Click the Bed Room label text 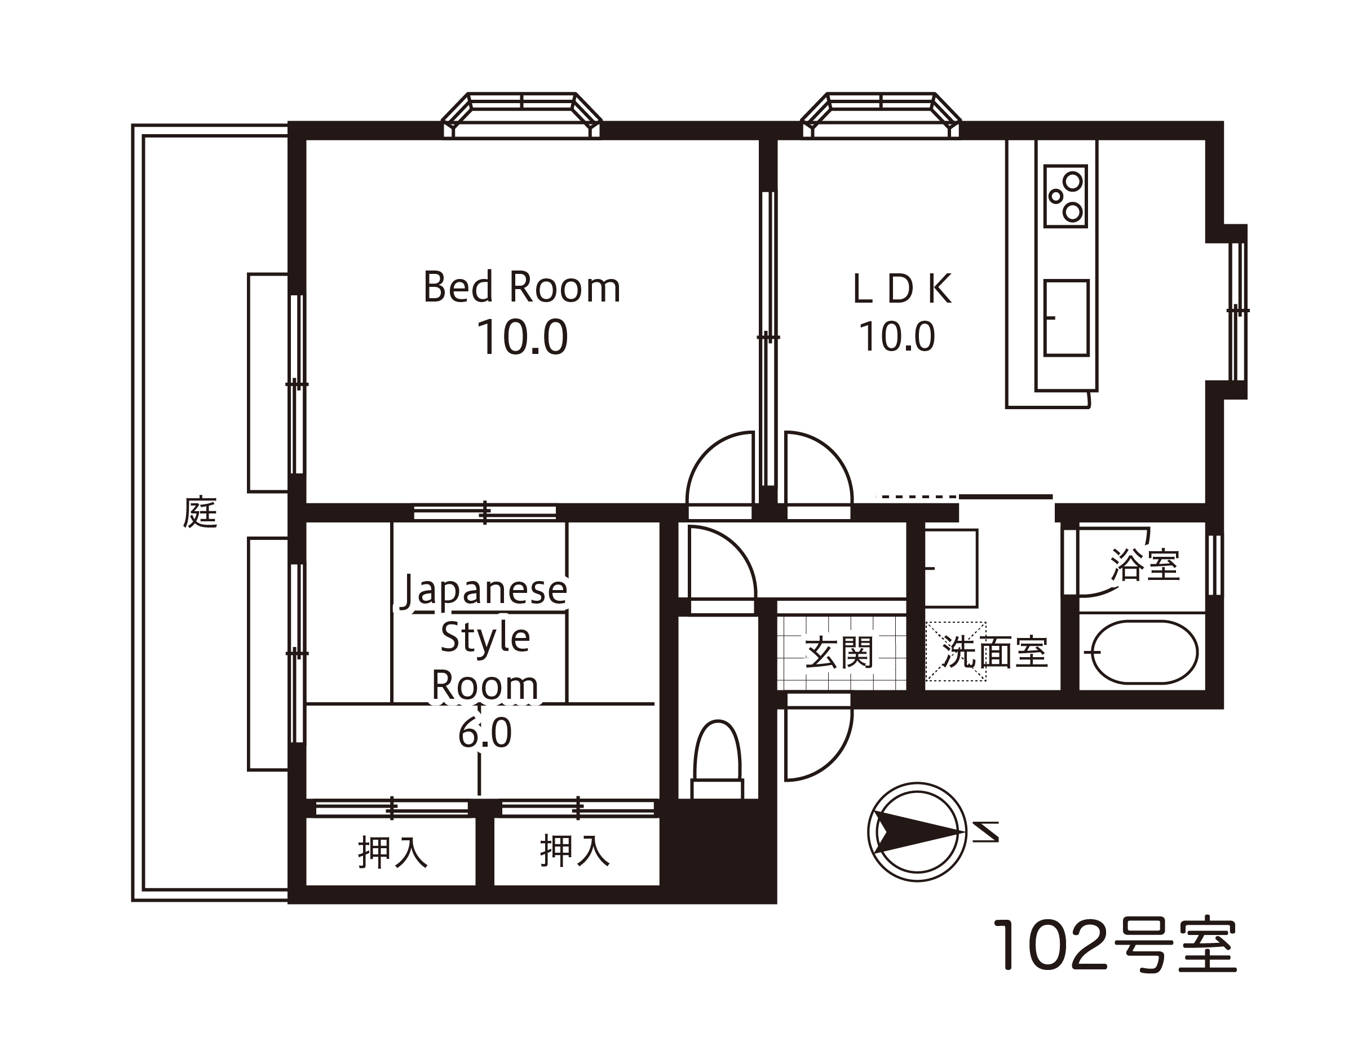(522, 287)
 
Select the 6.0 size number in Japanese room (485, 733)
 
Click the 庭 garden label (200, 512)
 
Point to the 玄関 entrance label (839, 653)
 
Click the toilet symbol (717, 760)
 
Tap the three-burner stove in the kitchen (1066, 196)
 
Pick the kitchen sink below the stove (1067, 318)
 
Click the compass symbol (917, 832)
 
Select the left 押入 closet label (393, 853)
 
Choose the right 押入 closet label (575, 850)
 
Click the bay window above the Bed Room (522, 116)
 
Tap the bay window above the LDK (881, 116)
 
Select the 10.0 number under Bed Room (522, 338)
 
